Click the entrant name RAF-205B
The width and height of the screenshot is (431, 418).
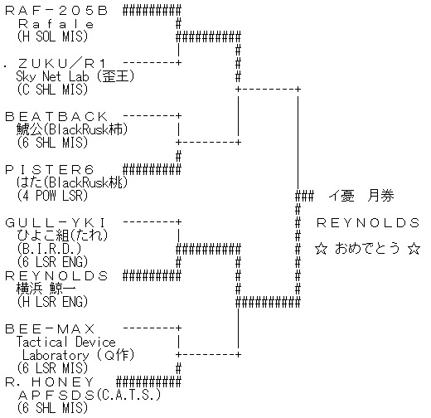tap(56, 11)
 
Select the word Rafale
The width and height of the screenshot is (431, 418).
tap(56, 24)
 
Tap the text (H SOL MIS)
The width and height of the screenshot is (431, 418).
tap(52, 36)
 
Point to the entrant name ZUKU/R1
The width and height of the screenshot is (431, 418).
tap(61, 64)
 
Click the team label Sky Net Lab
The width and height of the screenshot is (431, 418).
tap(52, 76)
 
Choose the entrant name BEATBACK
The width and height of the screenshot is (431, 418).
tap(56, 117)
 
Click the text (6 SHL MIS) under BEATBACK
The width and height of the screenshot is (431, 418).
tap(52, 143)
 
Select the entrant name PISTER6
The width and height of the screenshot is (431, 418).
tap(50, 170)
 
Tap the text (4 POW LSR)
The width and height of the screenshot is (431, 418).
tap(52, 196)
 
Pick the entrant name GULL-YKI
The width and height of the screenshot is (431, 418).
tap(56, 223)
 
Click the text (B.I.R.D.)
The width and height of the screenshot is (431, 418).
tap(49, 249)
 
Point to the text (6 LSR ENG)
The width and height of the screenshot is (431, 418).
tap(52, 262)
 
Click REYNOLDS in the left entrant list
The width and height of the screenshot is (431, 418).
tap(56, 276)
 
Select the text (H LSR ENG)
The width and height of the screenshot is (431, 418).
tap(52, 302)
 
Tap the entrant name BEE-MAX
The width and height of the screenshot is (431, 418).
tap(50, 329)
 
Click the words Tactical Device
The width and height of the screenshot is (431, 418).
tap(65, 342)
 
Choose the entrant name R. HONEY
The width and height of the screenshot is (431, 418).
tap(50, 382)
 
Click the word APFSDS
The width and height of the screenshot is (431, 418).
tap(56, 396)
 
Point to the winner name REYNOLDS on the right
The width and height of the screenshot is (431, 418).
tap(368, 223)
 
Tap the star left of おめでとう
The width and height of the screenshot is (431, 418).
tap(321, 249)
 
